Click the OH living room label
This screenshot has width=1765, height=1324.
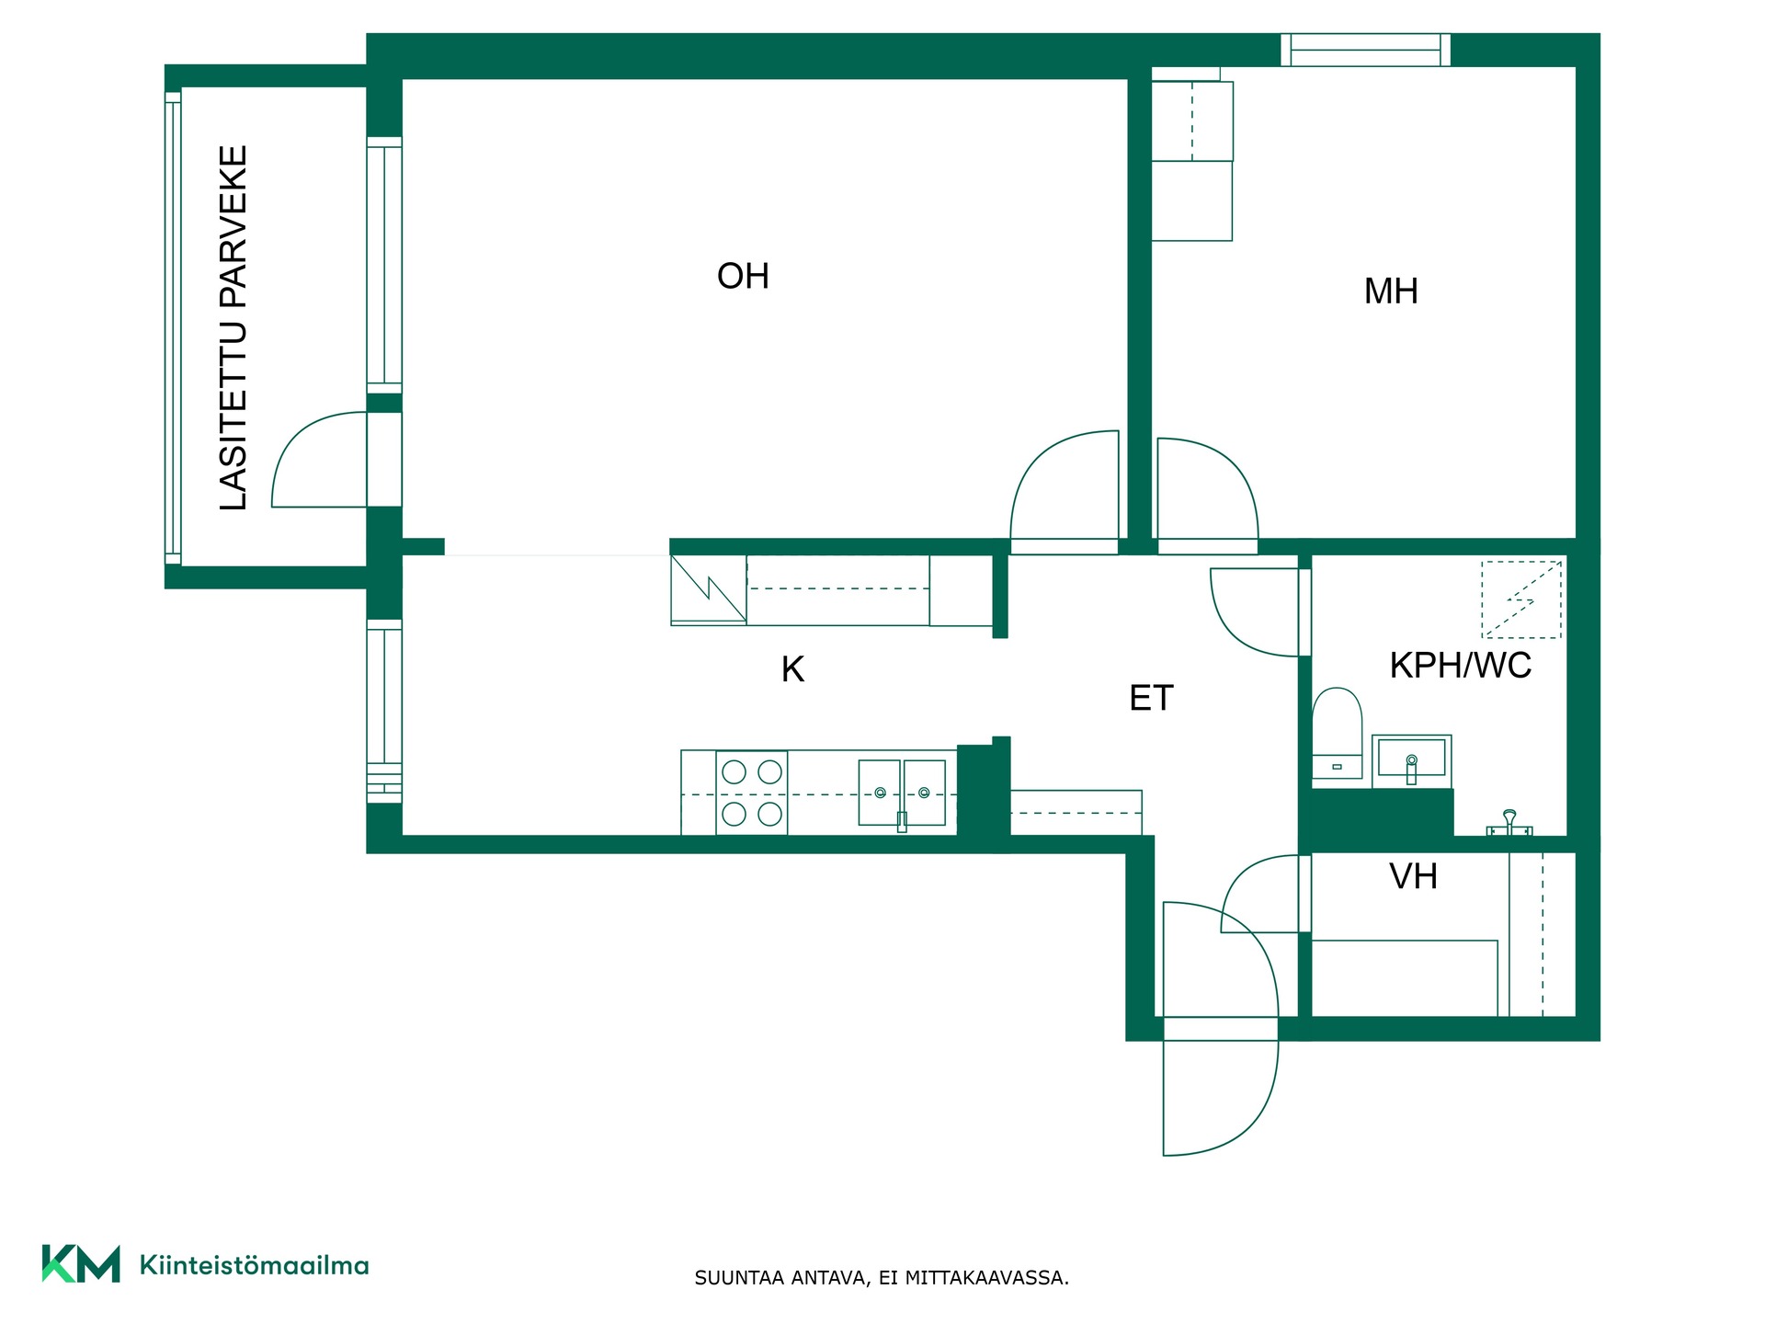pyautogui.click(x=743, y=276)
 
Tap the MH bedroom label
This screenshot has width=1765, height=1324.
pyautogui.click(x=1391, y=291)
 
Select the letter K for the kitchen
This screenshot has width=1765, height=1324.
pyautogui.click(x=792, y=669)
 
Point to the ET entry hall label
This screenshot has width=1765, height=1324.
pyautogui.click(x=1151, y=698)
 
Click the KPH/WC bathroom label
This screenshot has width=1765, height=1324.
pyautogui.click(x=1461, y=665)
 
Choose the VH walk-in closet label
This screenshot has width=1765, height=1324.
pyautogui.click(x=1413, y=876)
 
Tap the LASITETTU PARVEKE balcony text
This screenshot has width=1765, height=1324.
pyautogui.click(x=233, y=327)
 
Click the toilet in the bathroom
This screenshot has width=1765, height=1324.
pyautogui.click(x=1337, y=734)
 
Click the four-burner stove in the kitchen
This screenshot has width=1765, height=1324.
pyautogui.click(x=752, y=793)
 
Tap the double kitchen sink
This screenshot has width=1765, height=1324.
pyautogui.click(x=902, y=793)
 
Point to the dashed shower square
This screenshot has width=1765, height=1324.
pyautogui.click(x=1521, y=599)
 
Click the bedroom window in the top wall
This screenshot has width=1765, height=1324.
pyautogui.click(x=1365, y=50)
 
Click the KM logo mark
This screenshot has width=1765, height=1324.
pyautogui.click(x=81, y=1263)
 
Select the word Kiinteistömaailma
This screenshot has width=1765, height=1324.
pyautogui.click(x=254, y=1265)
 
